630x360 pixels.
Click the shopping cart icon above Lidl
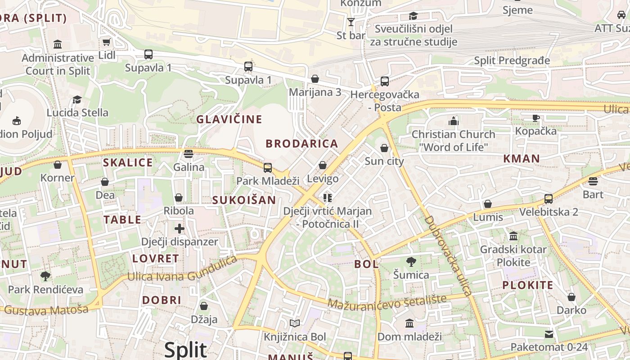click(106, 42)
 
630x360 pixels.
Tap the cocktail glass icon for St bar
click(351, 22)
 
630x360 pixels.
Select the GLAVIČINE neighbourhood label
click(229, 119)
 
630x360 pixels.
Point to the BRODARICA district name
click(301, 144)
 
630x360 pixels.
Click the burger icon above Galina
click(189, 154)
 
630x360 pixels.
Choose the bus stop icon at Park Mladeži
click(268, 168)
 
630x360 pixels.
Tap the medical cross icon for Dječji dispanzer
click(180, 229)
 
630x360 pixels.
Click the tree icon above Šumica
click(411, 262)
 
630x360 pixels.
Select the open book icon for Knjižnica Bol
click(295, 324)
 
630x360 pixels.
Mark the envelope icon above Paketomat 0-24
click(549, 334)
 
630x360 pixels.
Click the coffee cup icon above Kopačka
click(535, 118)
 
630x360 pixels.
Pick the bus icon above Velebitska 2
click(549, 198)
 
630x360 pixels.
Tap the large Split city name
click(185, 350)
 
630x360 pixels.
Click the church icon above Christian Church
click(453, 121)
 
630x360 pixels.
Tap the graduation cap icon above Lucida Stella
click(77, 99)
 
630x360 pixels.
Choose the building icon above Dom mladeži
click(409, 323)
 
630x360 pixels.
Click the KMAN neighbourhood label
click(521, 158)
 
